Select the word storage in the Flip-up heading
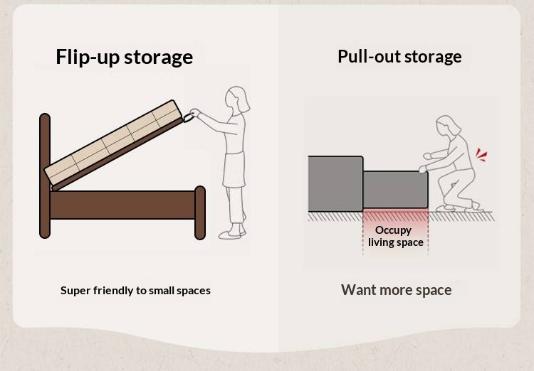tap(158, 58)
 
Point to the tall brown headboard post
tap(45, 176)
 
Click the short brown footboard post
tap(200, 213)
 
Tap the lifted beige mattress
tap(114, 142)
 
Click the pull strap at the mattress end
tap(189, 118)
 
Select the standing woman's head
tap(237, 100)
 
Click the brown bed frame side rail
tap(122, 205)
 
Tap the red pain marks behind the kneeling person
tap(481, 155)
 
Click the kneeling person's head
tap(448, 127)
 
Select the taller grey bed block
tap(335, 183)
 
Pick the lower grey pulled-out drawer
tap(395, 190)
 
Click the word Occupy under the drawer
tap(393, 230)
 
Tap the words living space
tap(396, 242)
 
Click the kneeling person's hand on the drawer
tap(423, 169)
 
